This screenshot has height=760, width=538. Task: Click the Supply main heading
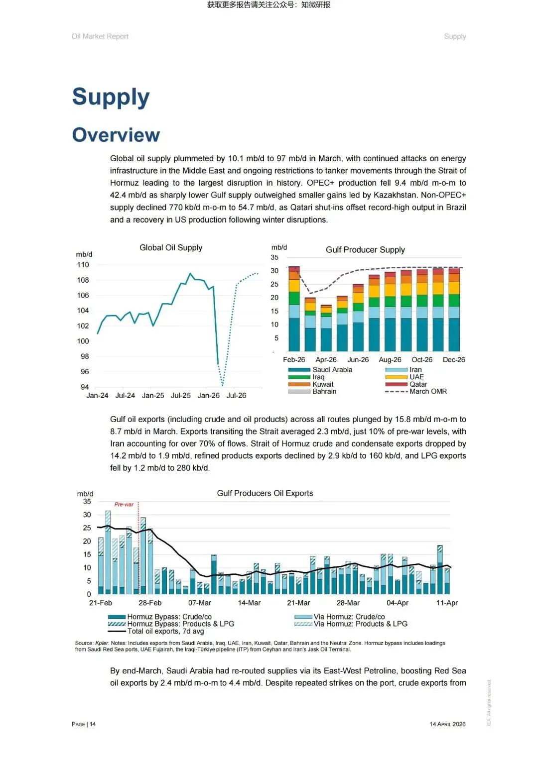pos(111,97)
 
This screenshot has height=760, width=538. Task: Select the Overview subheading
pos(116,135)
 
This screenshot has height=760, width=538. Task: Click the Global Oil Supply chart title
pos(171,248)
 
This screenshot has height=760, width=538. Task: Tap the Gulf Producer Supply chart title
pos(365,250)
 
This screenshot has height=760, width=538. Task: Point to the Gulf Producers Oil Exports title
pos(265,493)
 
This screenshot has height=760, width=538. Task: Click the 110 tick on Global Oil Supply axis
pos(83,265)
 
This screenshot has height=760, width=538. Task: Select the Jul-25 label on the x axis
pos(181,396)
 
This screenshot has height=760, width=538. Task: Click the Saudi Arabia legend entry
pos(332,370)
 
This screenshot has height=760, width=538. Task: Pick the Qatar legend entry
pos(418,384)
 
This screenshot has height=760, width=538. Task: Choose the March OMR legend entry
pos(428,392)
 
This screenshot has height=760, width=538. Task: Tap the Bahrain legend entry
pos(324,392)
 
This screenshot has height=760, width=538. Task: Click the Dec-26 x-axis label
pos(454,360)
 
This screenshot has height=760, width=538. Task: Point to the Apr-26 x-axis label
pos(326,360)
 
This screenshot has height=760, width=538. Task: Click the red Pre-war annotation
pos(124,505)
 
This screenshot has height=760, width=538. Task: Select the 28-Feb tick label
pos(150,603)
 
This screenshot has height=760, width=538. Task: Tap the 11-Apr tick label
pos(447,603)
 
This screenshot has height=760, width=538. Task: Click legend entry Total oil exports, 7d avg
pos(165,631)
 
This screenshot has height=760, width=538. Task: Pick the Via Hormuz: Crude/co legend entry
pos(349,617)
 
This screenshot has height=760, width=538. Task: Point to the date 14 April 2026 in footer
pos(447,724)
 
